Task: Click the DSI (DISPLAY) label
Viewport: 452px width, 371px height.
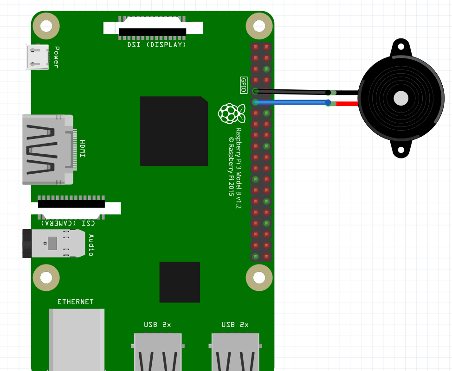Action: (x=157, y=45)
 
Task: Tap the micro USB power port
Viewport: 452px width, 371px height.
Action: (x=37, y=57)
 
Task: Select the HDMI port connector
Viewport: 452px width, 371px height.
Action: (x=47, y=150)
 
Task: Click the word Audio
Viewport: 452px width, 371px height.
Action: (x=91, y=245)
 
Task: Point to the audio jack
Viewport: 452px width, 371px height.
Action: (x=53, y=243)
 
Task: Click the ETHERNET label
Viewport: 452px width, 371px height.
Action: (x=76, y=302)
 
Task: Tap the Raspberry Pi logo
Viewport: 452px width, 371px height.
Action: (x=231, y=113)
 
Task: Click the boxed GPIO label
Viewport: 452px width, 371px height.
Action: (x=244, y=85)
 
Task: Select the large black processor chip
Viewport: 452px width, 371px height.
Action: (x=174, y=131)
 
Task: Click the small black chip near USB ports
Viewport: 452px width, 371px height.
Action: (x=180, y=282)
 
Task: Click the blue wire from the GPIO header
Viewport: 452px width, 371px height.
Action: (x=292, y=102)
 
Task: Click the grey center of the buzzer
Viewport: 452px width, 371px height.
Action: (x=400, y=98)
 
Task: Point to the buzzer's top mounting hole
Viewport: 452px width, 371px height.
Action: (x=400, y=47)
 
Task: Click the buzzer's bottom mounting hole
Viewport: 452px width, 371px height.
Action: (x=400, y=150)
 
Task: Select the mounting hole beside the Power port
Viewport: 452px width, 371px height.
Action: (x=46, y=26)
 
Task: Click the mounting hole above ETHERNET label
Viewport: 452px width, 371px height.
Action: (x=46, y=277)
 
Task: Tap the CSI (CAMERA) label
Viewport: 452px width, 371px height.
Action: (x=68, y=223)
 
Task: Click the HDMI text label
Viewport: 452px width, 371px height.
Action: (x=82, y=149)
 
